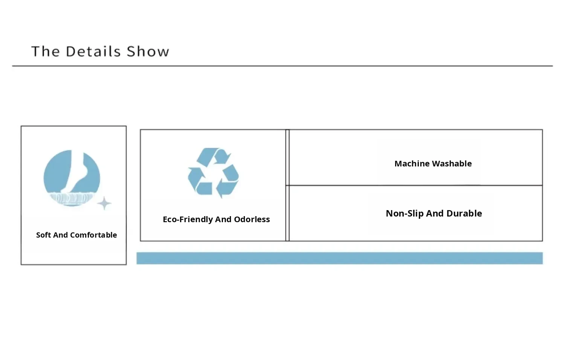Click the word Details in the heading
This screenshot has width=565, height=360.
click(x=93, y=52)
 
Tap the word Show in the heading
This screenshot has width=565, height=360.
click(x=148, y=52)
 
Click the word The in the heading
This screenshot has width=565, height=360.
click(x=45, y=52)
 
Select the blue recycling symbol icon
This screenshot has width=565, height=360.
click(x=213, y=173)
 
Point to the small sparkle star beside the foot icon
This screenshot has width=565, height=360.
click(x=104, y=203)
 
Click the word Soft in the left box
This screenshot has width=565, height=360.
click(x=43, y=235)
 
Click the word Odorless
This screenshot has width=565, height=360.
click(x=252, y=220)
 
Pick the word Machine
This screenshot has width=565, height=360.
click(x=412, y=164)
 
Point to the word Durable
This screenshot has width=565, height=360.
click(x=464, y=214)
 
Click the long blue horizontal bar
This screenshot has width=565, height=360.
click(x=339, y=258)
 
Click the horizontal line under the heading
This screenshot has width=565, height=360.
click(x=282, y=66)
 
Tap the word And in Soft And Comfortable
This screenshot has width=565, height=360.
click(x=60, y=235)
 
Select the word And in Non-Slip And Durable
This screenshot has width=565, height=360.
click(x=435, y=214)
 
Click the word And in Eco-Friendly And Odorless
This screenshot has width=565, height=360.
click(x=223, y=220)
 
